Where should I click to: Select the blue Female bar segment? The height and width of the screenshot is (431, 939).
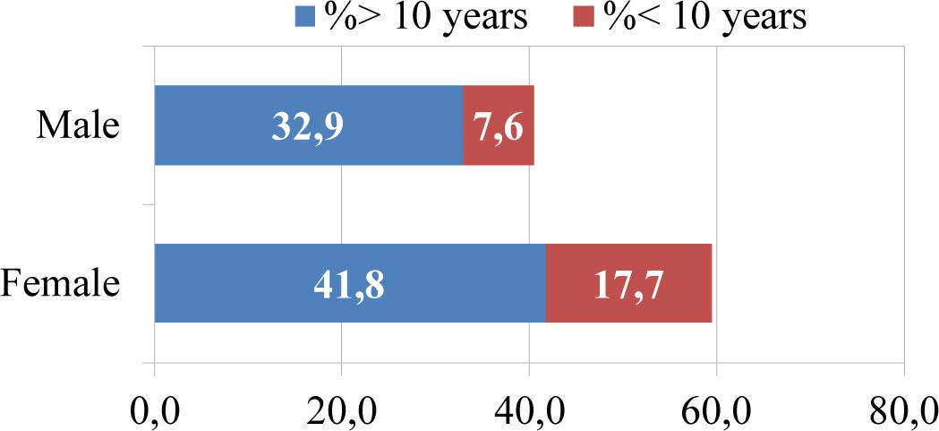point(269,282)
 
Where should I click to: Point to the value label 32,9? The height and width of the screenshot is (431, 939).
point(307,126)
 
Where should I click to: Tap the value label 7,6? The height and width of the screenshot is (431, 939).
point(499,126)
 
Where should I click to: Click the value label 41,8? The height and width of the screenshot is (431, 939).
point(349,284)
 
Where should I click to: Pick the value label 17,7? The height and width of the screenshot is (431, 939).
point(628,284)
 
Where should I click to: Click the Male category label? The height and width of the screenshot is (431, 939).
point(78,125)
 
